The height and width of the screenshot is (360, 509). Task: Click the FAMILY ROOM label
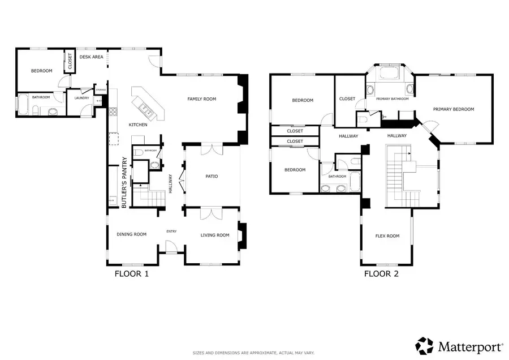[x=202, y=99]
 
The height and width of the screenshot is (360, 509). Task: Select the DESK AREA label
[x=90, y=57]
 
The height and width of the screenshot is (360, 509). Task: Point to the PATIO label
[x=212, y=177]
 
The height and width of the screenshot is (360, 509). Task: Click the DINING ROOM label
[x=131, y=234]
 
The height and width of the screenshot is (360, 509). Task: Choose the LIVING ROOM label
[x=215, y=235]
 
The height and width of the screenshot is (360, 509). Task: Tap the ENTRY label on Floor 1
[x=171, y=231]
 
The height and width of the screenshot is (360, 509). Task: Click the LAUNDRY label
[x=81, y=98]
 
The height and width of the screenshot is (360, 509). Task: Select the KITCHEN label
[x=138, y=125]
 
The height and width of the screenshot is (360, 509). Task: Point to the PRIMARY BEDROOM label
[x=454, y=109]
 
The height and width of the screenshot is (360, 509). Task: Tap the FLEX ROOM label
[x=387, y=236]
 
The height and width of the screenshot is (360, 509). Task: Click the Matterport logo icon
[x=425, y=345]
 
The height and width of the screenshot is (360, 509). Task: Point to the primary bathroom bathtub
[x=389, y=74]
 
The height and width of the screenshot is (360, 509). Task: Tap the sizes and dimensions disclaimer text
[x=254, y=352]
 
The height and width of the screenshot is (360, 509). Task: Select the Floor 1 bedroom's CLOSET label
[x=70, y=61]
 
